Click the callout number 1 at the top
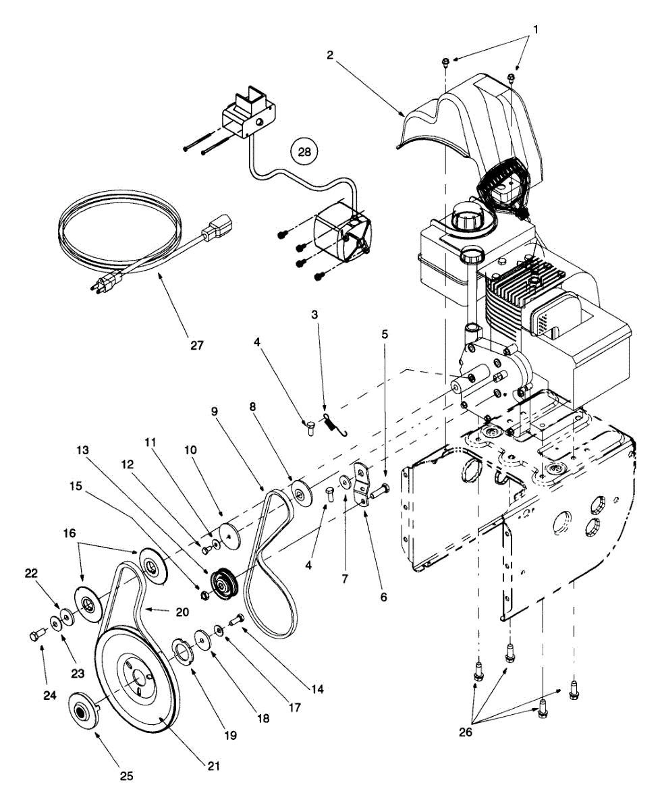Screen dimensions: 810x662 pos(536,30)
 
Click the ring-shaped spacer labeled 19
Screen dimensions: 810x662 pos(182,649)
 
